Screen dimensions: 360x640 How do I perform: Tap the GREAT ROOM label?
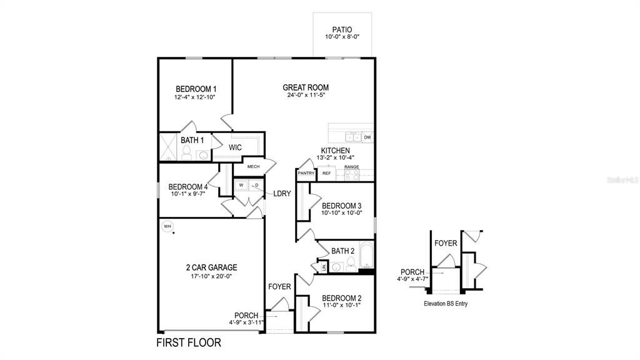pyautogui.click(x=306, y=87)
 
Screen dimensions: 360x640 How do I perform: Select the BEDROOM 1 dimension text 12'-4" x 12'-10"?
pyautogui.click(x=195, y=98)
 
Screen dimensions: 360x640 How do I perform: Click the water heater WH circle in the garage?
pyautogui.click(x=167, y=226)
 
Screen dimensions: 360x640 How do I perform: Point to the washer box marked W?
pyautogui.click(x=241, y=186)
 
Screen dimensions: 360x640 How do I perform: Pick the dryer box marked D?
pyautogui.click(x=256, y=186)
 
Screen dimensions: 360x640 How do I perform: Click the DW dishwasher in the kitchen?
pyautogui.click(x=367, y=137)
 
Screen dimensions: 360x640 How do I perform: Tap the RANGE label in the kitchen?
pyautogui.click(x=352, y=167)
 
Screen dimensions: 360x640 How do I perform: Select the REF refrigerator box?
pyautogui.click(x=327, y=173)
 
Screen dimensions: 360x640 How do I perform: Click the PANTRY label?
pyautogui.click(x=306, y=173)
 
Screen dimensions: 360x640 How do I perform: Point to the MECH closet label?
pyautogui.click(x=253, y=167)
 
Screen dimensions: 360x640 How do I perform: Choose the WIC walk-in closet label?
pyautogui.click(x=235, y=147)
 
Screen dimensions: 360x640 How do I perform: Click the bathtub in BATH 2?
pyautogui.click(x=366, y=259)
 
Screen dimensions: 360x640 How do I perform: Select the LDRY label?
pyautogui.click(x=282, y=194)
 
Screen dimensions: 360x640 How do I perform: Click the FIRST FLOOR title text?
pyautogui.click(x=188, y=343)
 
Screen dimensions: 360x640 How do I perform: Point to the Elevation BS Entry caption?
pyautogui.click(x=445, y=304)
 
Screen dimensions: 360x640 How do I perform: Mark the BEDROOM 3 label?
pyautogui.click(x=341, y=206)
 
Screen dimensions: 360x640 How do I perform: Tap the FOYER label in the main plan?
pyautogui.click(x=279, y=287)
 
